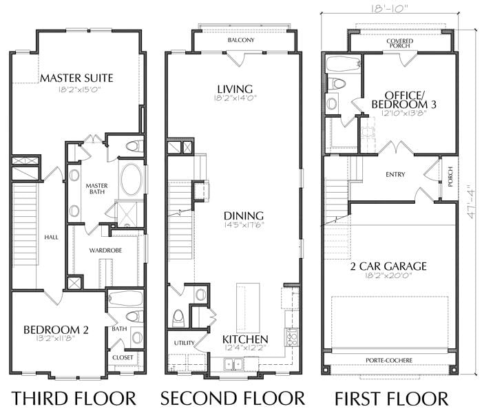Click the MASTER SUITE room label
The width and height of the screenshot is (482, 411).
[x=76, y=78]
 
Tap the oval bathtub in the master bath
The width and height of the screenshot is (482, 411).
[x=132, y=180]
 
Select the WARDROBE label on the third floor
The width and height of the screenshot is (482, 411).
[x=105, y=251]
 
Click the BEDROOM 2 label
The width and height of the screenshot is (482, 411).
[x=56, y=330]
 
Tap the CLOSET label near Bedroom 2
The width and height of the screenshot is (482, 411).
[x=123, y=357]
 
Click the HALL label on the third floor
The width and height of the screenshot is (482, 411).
[x=51, y=237]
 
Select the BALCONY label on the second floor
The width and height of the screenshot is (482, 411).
[x=241, y=40]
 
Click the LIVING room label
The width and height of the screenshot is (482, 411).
[x=235, y=89]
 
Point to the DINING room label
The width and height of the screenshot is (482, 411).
[x=244, y=215]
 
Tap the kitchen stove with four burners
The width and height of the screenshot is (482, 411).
[x=292, y=337]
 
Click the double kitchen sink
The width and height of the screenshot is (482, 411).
[x=233, y=364]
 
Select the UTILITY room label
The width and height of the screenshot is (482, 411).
[x=184, y=343]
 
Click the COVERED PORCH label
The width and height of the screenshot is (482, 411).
[x=399, y=43]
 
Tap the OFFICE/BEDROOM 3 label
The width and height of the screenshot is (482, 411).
[x=404, y=100]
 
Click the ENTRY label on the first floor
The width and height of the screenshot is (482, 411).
[x=395, y=174]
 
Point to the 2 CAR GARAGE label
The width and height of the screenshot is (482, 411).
[x=388, y=266]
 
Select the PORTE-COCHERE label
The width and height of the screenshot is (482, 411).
[x=389, y=360]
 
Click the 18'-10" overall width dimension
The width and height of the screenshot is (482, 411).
[x=388, y=8]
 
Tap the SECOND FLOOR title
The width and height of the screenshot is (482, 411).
[x=232, y=398]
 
